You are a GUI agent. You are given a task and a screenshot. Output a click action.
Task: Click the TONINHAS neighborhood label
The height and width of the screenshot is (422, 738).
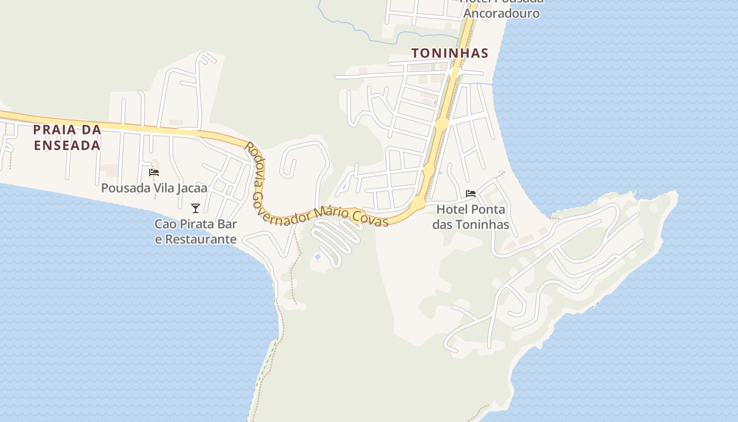tap(450, 53)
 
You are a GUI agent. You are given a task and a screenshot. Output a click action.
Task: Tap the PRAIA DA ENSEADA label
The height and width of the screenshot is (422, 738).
tap(67, 137)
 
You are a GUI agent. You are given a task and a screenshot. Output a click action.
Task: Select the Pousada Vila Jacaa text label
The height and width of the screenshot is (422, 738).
tap(154, 188)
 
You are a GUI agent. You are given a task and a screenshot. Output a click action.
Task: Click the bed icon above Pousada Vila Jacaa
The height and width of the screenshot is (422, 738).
tap(154, 172)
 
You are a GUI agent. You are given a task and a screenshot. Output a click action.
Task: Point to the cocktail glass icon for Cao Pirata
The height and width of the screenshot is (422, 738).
tap(196, 208)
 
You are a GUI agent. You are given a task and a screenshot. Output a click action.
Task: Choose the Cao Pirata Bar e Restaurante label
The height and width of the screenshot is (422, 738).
tap(196, 232)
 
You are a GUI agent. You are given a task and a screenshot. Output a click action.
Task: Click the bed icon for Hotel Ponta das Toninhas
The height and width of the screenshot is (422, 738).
tap(471, 194)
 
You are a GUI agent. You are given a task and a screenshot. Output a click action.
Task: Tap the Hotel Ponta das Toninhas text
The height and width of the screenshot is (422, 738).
tap(471, 217)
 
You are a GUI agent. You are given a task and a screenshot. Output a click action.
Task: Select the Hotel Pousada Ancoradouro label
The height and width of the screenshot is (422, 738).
tap(501, 7)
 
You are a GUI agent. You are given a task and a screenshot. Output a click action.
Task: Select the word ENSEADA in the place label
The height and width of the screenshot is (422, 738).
tap(67, 146)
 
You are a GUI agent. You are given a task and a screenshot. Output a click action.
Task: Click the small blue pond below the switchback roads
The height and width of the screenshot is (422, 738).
tap(317, 257)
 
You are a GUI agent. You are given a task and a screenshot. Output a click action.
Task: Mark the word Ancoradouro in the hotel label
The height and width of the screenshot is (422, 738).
tap(501, 13)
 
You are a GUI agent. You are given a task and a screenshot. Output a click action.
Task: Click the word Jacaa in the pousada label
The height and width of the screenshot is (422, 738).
tap(192, 188)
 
